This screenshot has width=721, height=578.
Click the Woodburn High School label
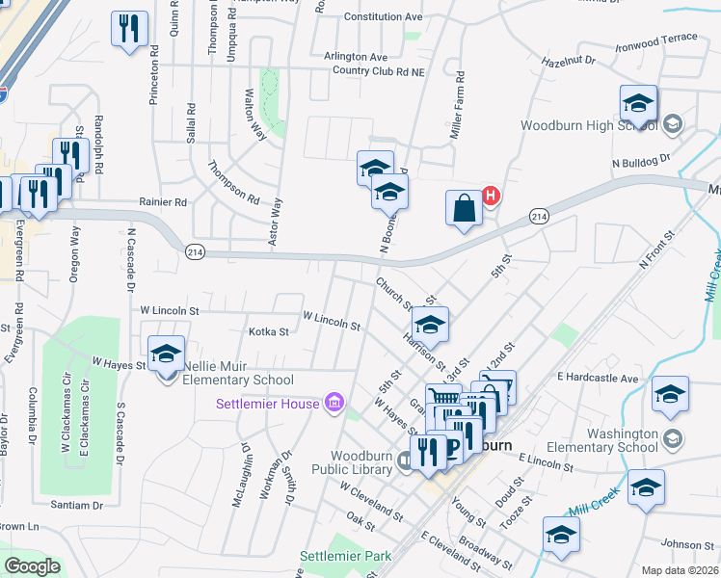(x=589, y=125)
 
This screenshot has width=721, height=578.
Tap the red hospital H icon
(x=491, y=197)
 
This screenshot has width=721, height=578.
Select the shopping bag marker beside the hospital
(x=464, y=209)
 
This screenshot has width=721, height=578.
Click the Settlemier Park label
(x=346, y=556)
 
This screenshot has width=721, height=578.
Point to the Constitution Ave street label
(x=383, y=17)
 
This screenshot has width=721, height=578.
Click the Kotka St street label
(x=269, y=332)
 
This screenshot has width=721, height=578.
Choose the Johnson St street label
(x=687, y=544)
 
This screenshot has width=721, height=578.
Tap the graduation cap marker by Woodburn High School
(x=638, y=103)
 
